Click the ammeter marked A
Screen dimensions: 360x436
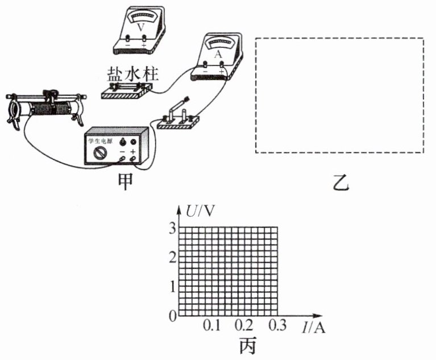[217, 57]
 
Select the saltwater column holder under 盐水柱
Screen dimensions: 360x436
[127, 90]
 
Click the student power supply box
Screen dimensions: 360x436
[117, 147]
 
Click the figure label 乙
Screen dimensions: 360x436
[341, 183]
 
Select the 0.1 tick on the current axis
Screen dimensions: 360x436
[211, 326]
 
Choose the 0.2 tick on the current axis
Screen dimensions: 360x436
[244, 326]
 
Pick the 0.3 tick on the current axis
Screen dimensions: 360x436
[277, 326]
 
